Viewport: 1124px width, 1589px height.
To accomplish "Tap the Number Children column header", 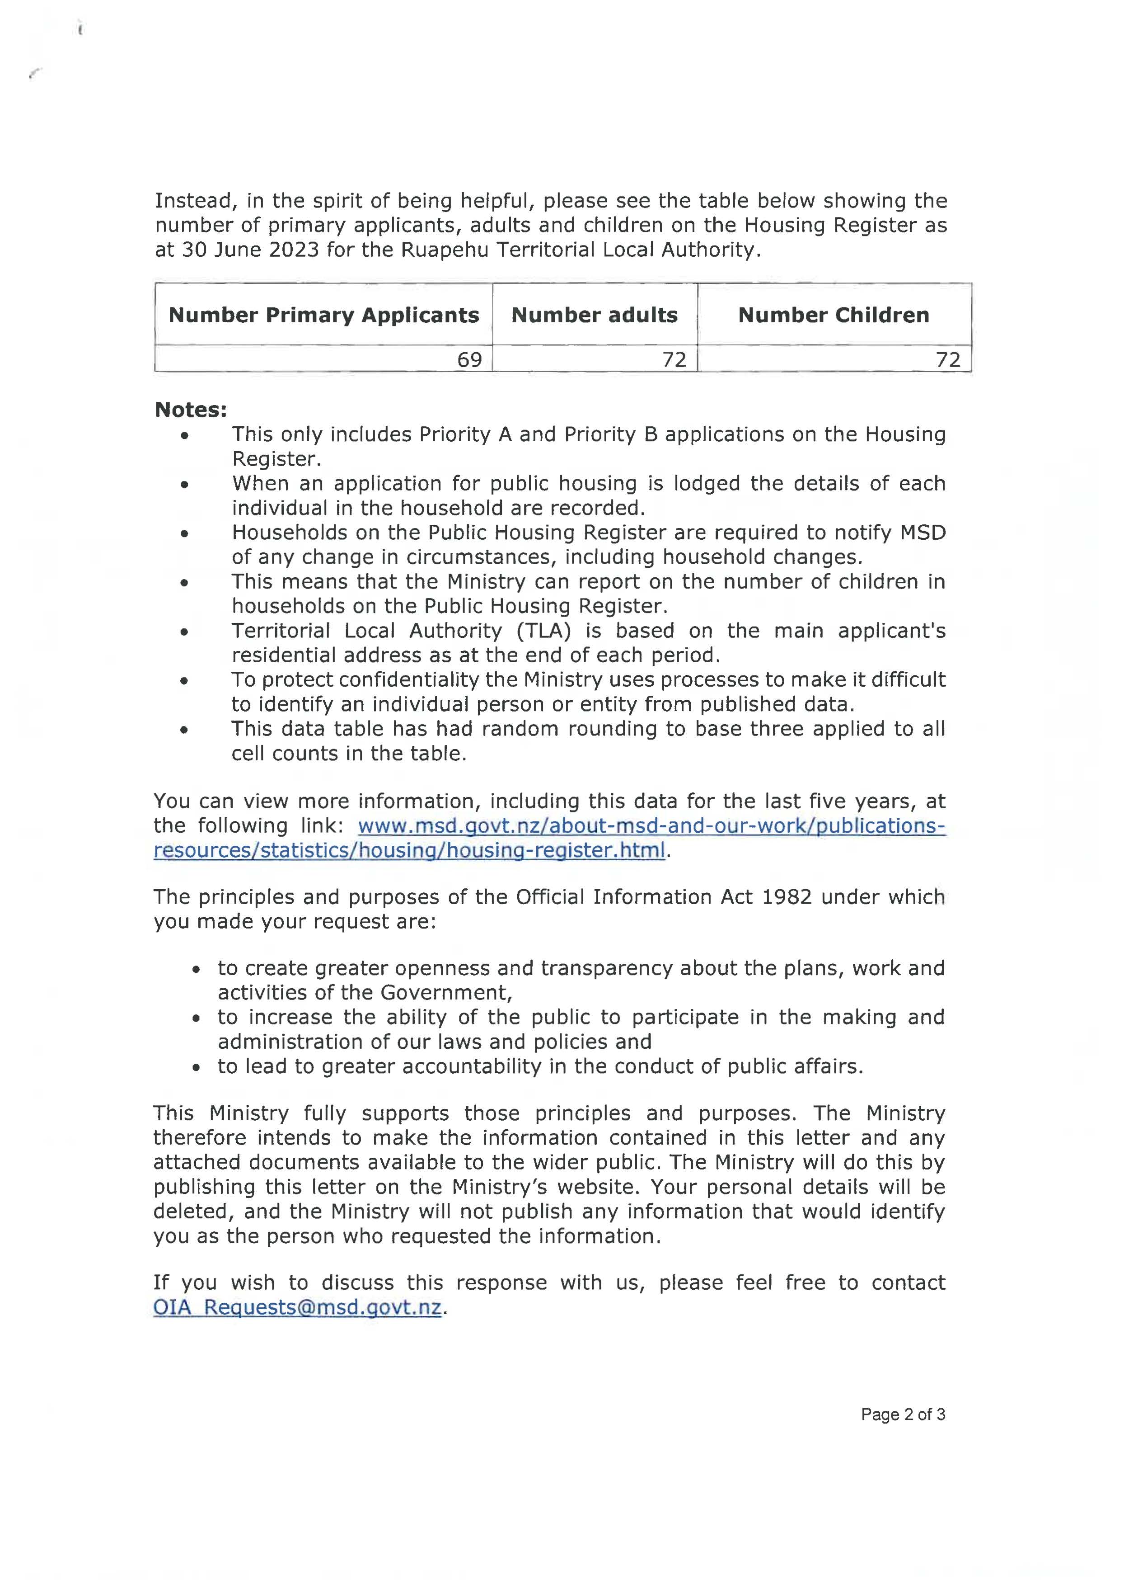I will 834,315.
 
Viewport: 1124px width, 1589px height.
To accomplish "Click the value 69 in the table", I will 469,359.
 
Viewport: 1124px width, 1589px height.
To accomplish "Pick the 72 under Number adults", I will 674,359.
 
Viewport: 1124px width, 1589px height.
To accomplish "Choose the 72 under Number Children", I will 948,359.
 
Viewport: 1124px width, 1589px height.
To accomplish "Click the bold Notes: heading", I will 190,410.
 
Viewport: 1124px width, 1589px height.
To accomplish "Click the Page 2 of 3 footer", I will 903,1415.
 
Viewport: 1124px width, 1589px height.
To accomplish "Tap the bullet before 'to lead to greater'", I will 197,1067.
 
